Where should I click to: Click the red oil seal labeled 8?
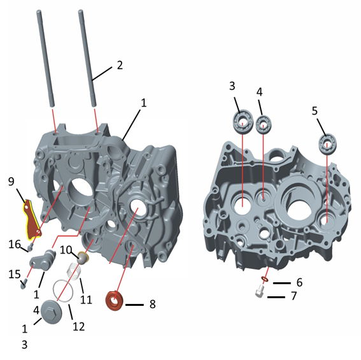[x=114, y=301]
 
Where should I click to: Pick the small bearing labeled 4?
[x=263, y=125]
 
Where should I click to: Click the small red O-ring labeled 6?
[x=265, y=279]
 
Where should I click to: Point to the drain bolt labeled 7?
[x=260, y=291]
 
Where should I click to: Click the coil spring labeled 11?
[x=74, y=271]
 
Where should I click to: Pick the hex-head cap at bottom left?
[x=51, y=312]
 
